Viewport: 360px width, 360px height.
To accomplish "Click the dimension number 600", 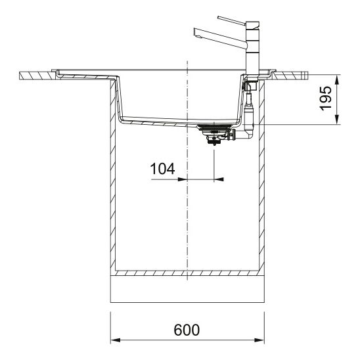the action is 187,330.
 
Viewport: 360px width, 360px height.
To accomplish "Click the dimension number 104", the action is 162,169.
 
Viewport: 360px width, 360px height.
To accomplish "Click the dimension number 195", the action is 326,99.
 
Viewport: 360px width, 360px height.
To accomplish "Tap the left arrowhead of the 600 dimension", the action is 115,340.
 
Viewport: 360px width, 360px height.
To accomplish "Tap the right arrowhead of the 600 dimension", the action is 259,340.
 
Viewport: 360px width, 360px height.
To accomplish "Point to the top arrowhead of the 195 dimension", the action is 337,79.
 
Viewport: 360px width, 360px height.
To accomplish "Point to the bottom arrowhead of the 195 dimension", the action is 337,120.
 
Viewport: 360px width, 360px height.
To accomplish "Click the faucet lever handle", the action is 231,20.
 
